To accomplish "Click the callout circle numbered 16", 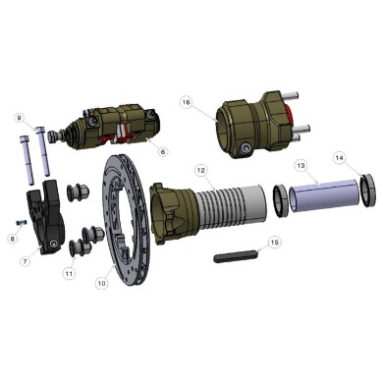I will (x=187, y=102).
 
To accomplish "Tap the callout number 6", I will (x=163, y=150).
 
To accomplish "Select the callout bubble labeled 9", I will (x=18, y=118).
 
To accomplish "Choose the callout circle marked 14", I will (x=339, y=157).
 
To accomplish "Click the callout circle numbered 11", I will (x=68, y=272).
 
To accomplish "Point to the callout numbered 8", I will (x=11, y=238).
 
